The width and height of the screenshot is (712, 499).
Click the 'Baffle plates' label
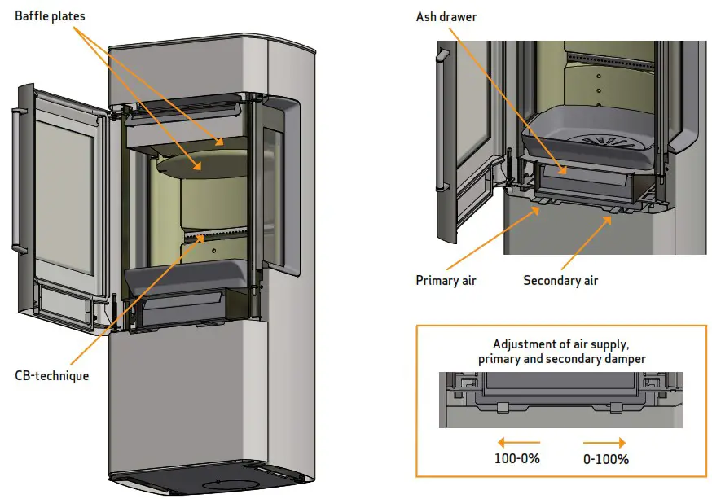pos(50,16)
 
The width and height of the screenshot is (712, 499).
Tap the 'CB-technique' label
pos(51,376)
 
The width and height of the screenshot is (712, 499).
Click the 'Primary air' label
pos(446,281)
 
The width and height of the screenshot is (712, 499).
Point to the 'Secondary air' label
pos(560,281)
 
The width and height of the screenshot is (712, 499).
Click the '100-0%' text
pos(516,459)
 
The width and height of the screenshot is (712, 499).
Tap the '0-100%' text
pos(606,459)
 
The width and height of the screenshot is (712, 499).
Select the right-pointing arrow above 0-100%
pos(605,443)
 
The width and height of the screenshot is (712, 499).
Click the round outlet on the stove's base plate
pos(222,484)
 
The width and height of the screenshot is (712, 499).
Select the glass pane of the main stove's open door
pos(66,195)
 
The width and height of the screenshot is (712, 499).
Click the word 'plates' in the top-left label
pos(68,16)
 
